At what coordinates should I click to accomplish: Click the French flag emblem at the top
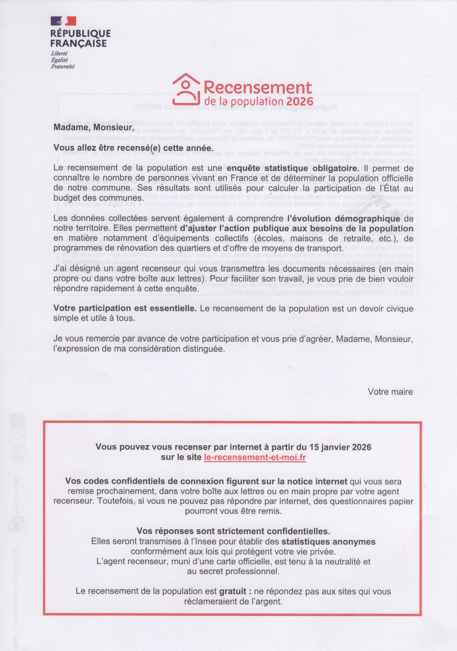click(63, 21)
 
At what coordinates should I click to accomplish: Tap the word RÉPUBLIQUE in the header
click(80, 34)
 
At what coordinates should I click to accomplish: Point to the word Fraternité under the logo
click(62, 66)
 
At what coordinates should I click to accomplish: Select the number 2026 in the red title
click(300, 101)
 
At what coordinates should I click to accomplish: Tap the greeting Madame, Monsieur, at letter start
click(94, 127)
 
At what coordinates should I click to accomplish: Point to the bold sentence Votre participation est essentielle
click(125, 308)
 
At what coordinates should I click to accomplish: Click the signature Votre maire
click(390, 391)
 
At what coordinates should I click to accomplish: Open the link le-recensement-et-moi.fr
click(255, 457)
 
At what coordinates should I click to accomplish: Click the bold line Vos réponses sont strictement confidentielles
click(233, 531)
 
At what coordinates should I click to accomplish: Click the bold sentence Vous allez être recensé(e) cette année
click(134, 148)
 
